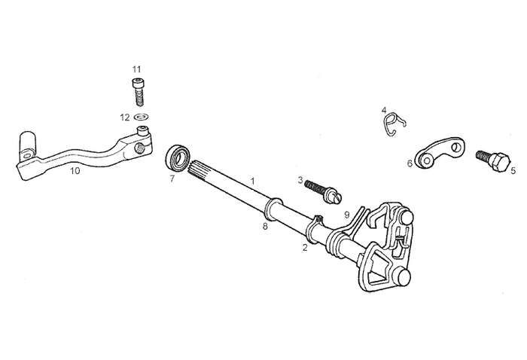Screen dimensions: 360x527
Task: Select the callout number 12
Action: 124,117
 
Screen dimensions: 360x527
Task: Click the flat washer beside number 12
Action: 141,117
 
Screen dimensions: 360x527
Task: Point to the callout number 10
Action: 75,171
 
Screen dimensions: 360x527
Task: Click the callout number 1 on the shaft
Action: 253,181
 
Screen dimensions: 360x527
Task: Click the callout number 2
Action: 305,246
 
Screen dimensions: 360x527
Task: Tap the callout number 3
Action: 300,180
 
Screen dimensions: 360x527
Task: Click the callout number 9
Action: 346,214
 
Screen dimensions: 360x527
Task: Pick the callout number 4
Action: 384,110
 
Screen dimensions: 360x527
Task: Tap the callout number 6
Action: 410,163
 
